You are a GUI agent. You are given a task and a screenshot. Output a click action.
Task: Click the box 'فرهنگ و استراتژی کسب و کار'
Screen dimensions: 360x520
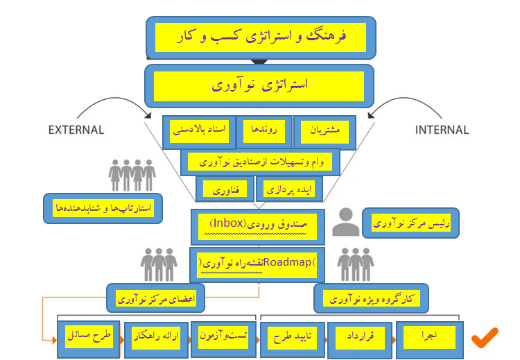pos(260,37)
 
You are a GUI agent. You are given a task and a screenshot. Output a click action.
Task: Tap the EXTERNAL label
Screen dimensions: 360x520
pos(76,130)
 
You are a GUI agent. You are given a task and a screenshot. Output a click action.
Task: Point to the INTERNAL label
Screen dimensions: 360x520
pos(442,130)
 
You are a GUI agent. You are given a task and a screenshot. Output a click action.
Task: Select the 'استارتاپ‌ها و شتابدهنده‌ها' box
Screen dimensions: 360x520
pos(103,207)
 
